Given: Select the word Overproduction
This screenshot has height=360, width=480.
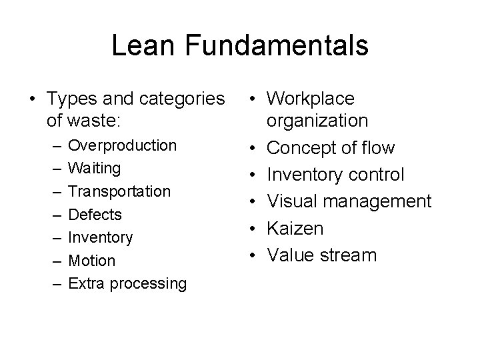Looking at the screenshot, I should (123, 145).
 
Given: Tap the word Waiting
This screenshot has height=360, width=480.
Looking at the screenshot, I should (95, 168).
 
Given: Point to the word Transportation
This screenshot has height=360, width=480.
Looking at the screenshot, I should (119, 191).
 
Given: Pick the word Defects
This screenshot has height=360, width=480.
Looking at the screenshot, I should (95, 214).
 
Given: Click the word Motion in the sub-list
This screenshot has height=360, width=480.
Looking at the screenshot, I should (92, 260).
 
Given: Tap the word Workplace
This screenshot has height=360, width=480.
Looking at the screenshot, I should (311, 99).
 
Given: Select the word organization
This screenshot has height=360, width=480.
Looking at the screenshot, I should (317, 121).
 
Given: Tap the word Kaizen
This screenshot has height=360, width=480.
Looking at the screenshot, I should (295, 228).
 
